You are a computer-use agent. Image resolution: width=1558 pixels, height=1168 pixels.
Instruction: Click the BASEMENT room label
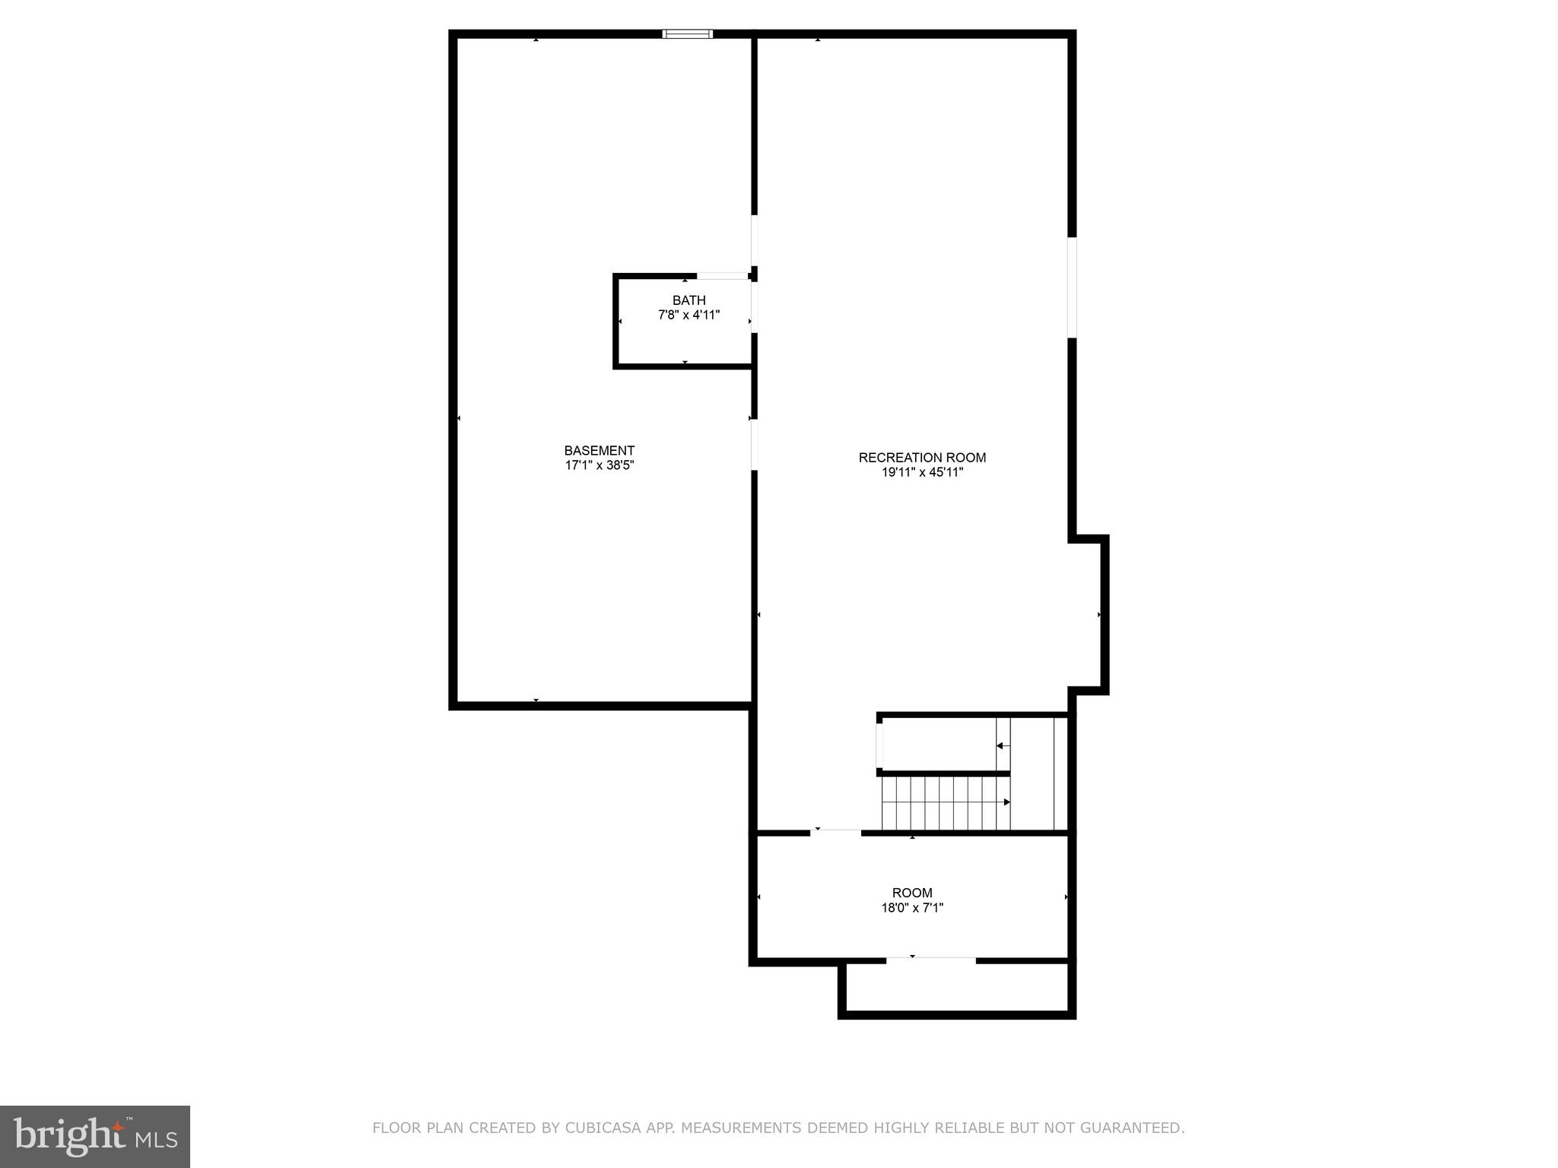[x=599, y=450]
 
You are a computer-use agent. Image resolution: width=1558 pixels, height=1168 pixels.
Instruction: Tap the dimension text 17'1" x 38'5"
[x=599, y=465]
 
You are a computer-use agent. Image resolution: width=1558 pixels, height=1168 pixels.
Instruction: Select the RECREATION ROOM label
[x=922, y=457]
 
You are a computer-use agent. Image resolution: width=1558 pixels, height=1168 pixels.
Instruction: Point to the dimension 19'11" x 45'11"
[x=922, y=472]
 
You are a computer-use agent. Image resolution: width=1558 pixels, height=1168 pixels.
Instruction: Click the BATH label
[x=688, y=300]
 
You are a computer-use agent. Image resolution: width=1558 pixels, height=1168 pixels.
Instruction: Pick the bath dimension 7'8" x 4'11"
[x=688, y=315]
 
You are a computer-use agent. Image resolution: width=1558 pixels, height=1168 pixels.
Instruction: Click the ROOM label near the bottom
[x=912, y=893]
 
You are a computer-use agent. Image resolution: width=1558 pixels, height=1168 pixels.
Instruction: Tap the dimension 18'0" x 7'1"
[x=912, y=907]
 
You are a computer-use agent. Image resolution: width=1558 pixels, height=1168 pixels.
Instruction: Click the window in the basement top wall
[x=688, y=33]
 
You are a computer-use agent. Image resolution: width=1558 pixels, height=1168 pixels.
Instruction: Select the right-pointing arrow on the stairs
[x=1006, y=802]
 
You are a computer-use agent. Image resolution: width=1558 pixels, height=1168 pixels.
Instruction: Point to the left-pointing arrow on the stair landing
[x=1000, y=746]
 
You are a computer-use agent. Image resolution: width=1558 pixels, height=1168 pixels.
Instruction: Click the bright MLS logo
[x=95, y=1136]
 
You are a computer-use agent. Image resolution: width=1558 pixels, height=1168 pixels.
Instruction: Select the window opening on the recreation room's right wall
[x=1072, y=287]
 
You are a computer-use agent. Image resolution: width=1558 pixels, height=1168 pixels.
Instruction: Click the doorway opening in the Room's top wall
[x=835, y=833]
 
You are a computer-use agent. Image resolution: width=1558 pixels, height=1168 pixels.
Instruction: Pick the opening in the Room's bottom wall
[x=930, y=961]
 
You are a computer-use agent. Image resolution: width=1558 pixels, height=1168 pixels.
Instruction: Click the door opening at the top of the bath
[x=722, y=276]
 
